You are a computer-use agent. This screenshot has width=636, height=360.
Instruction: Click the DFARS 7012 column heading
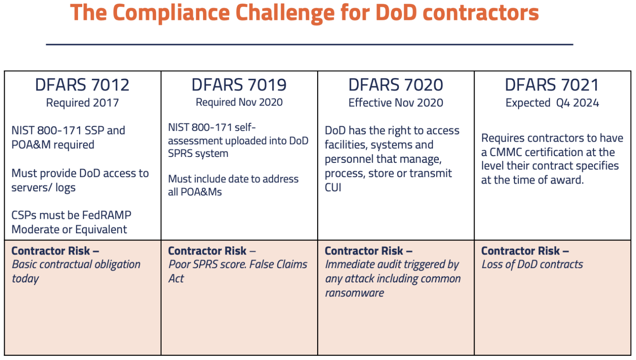tap(82, 85)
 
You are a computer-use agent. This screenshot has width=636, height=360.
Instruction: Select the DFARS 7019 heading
tap(239, 85)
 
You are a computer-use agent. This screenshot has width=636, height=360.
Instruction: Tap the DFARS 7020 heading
tap(396, 85)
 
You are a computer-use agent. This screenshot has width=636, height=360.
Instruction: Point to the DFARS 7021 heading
tap(552, 85)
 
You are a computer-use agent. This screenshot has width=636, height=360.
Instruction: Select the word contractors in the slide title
tap(481, 13)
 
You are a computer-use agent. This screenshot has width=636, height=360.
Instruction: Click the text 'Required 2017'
tap(82, 103)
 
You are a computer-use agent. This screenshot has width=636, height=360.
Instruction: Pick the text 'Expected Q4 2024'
tap(552, 103)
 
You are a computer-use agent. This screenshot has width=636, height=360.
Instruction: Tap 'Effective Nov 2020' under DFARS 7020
tap(396, 103)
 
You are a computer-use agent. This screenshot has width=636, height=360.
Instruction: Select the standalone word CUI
tap(333, 187)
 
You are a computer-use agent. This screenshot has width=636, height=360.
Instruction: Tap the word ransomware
tap(354, 293)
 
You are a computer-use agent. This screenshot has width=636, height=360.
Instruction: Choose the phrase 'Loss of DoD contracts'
tap(532, 265)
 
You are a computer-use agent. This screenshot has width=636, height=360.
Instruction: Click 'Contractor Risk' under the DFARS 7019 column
tap(207, 251)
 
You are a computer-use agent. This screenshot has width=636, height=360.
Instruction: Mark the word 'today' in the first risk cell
tap(25, 279)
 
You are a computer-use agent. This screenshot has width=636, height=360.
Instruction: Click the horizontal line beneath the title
tap(310, 44)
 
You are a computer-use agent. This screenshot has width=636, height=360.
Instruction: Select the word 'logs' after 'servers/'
tap(65, 188)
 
